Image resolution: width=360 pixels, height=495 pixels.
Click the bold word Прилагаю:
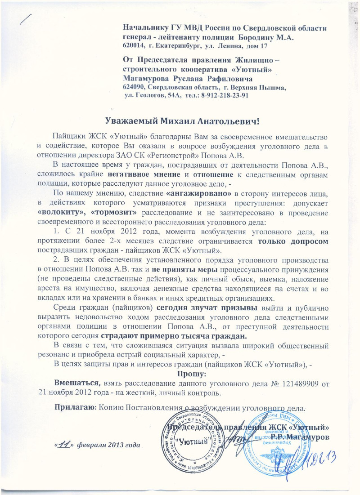click(73, 408)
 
